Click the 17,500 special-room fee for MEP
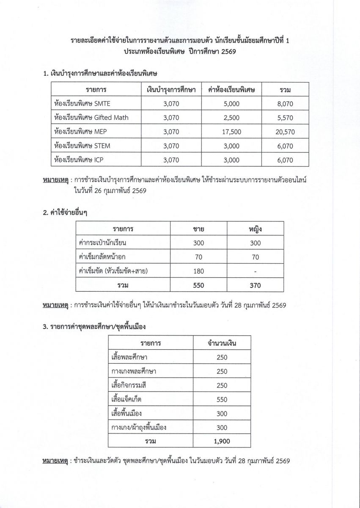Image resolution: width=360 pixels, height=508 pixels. [x=231, y=132]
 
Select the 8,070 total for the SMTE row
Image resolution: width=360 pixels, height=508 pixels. [x=284, y=103]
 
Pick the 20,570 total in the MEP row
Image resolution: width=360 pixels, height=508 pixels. [x=285, y=132]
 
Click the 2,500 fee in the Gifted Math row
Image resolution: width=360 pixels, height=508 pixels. [x=231, y=117]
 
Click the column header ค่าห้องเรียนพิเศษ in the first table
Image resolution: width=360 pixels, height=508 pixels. [x=231, y=90]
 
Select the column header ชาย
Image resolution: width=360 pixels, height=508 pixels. [x=198, y=229]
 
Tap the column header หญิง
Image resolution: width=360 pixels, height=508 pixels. [x=255, y=229]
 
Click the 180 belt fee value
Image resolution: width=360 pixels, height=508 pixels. [x=198, y=271]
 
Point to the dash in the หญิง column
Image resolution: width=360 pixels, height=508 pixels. [x=255, y=271]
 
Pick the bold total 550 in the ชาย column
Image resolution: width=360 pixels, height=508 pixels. [x=198, y=285]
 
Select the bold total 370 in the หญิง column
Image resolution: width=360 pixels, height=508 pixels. [x=255, y=285]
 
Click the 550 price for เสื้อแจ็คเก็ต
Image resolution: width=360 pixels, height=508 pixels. [x=222, y=399]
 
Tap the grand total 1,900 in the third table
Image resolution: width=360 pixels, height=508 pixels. [x=222, y=441]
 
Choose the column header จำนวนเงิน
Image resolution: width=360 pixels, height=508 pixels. [x=222, y=343]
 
